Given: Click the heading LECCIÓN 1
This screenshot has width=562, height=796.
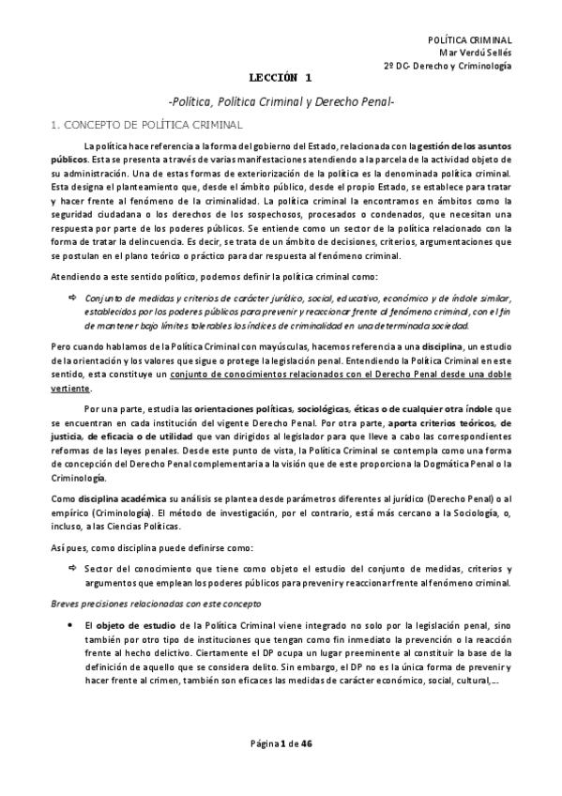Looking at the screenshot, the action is [x=281, y=83].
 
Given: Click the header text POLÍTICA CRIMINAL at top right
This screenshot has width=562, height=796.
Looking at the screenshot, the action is [x=469, y=41].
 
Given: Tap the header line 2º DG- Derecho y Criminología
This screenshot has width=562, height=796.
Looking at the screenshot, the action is [x=448, y=68].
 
